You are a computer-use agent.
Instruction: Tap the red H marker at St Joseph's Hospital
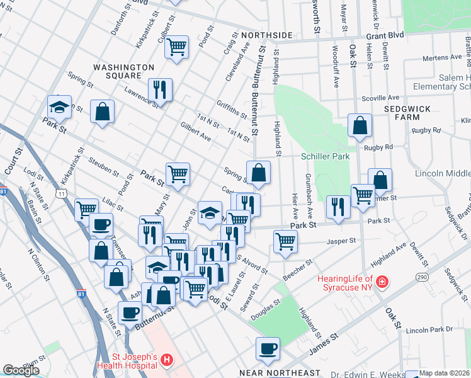coord(166,360)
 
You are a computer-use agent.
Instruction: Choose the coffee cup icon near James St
coord(268,348)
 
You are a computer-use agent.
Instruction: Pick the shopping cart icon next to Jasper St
coord(286,241)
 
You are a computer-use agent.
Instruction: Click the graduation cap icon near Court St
coord(59,106)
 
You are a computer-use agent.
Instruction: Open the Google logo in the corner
coord(21,370)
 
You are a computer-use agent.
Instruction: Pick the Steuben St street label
coord(104,167)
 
